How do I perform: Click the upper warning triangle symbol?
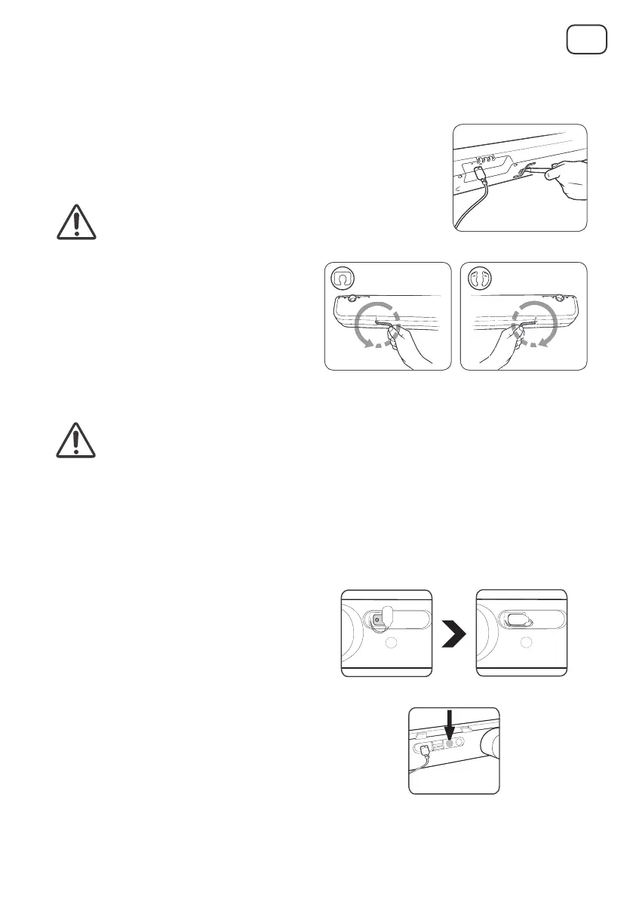click(x=76, y=221)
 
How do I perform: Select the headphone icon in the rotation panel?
click(x=343, y=278)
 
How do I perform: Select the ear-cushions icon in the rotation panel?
click(x=479, y=278)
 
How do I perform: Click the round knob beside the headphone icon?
click(x=351, y=299)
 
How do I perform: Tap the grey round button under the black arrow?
click(x=452, y=743)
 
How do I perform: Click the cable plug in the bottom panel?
click(x=426, y=750)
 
